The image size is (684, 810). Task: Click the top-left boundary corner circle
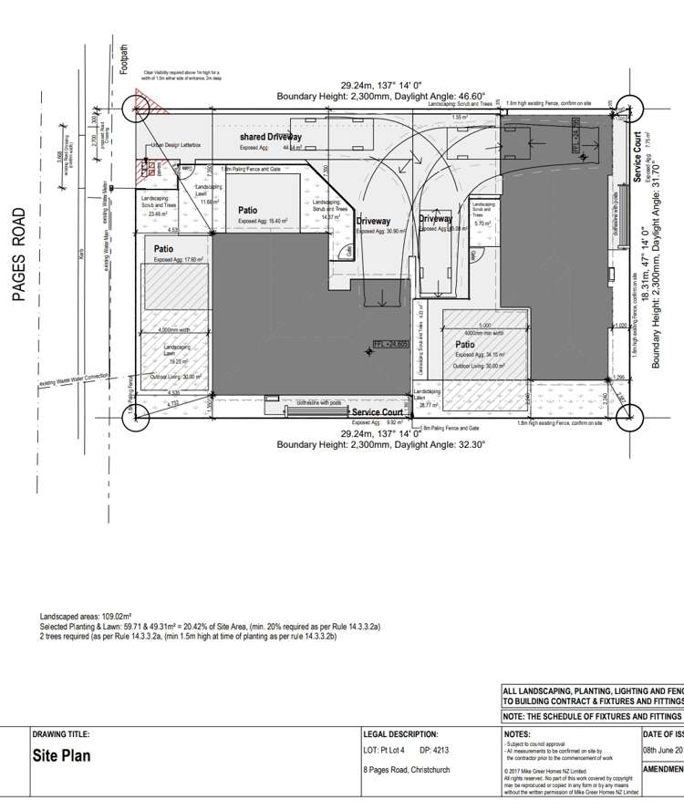pos(138,109)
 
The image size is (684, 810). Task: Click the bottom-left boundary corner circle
pos(138,418)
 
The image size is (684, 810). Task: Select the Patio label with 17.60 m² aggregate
pos(164,248)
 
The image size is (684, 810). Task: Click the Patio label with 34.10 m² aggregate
pos(465,346)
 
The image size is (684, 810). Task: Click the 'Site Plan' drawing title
pos(61,756)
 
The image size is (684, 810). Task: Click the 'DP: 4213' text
pos(433,751)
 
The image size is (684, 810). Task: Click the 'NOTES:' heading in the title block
pos(517,733)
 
